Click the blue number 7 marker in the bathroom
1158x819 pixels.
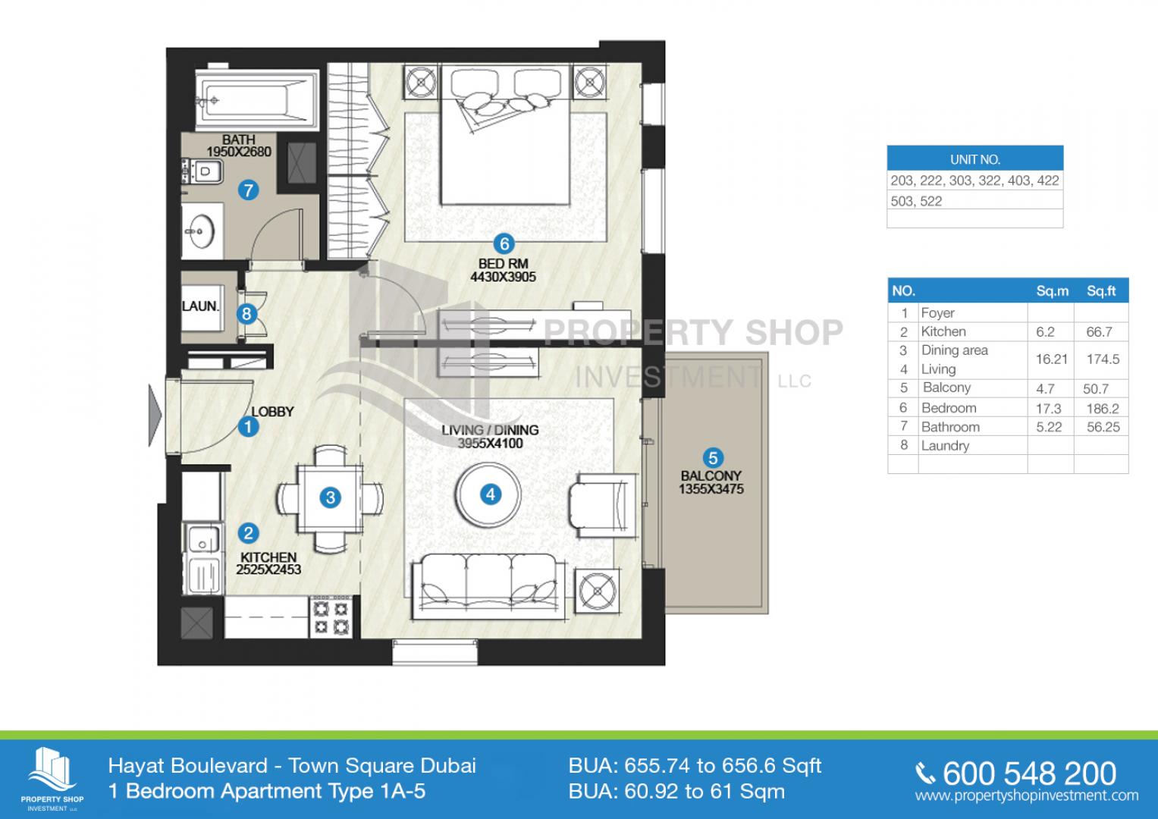[248, 190]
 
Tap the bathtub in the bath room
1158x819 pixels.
[257, 100]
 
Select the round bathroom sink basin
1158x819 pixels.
[200, 231]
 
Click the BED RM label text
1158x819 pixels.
[503, 264]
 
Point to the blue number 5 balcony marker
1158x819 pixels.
[713, 457]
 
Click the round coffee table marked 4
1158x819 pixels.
[488, 494]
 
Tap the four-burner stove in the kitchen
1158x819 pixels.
[331, 617]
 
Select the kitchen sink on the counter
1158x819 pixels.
[203, 539]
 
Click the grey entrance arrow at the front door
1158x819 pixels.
[155, 415]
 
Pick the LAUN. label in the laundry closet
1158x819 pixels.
[200, 306]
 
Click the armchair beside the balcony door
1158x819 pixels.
[602, 507]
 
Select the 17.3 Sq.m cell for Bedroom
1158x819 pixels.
[1048, 409]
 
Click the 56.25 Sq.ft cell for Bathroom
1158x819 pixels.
[1103, 427]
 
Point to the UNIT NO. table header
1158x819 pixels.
[975, 158]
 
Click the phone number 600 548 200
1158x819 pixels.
[1029, 773]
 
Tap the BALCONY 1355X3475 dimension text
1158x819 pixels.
[711, 482]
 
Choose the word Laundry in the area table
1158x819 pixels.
[945, 446]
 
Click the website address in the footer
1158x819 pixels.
[1027, 795]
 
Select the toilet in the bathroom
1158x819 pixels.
[202, 171]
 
